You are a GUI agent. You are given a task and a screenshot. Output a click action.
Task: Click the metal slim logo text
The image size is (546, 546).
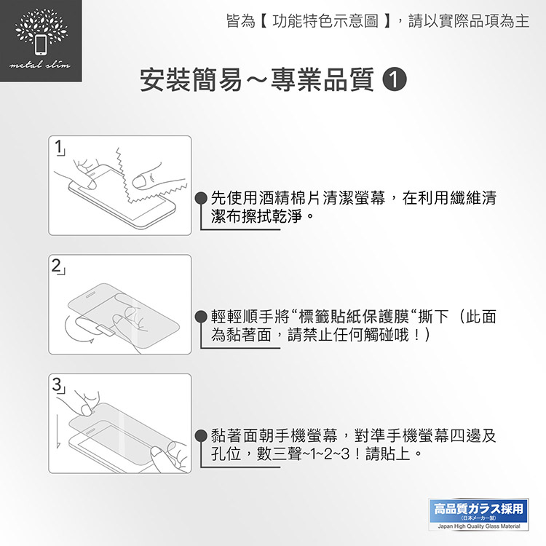(40, 64)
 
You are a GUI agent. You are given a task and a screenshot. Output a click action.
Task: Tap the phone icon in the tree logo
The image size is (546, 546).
(41, 45)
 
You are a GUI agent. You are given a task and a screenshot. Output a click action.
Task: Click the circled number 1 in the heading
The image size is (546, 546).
(395, 80)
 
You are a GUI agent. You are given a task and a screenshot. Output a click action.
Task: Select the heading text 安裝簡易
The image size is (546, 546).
(191, 80)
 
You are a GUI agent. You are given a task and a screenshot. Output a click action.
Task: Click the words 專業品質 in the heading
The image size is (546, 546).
(322, 80)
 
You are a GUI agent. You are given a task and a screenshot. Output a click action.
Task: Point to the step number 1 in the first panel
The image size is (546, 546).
(58, 146)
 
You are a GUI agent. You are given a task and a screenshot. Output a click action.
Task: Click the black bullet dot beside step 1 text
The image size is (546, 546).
(201, 198)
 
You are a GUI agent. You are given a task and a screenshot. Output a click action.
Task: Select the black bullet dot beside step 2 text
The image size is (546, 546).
(201, 317)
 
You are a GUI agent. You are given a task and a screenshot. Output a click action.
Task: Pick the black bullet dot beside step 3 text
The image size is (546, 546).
(201, 435)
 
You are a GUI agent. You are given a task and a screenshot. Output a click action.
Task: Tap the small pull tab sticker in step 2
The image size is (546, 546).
(103, 331)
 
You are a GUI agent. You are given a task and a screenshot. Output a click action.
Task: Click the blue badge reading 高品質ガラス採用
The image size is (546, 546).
(478, 510)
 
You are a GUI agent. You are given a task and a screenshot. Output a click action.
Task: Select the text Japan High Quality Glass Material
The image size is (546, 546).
(479, 526)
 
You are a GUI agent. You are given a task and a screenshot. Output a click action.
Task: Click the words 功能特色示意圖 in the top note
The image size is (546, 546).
(325, 21)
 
